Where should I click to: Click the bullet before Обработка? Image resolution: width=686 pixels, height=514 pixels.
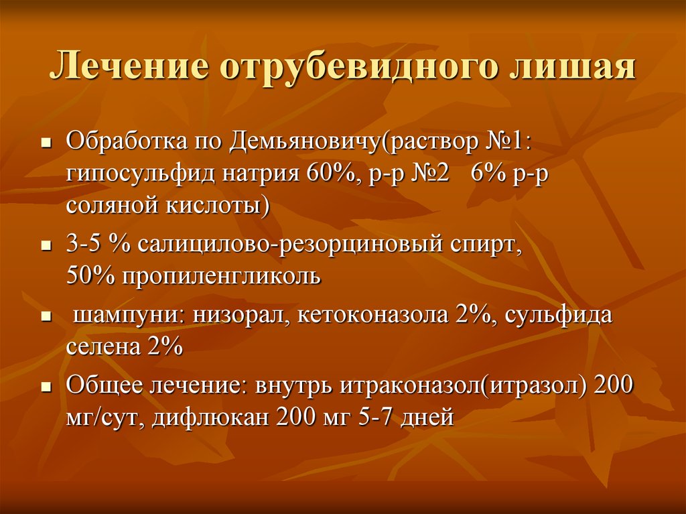[x=46, y=143]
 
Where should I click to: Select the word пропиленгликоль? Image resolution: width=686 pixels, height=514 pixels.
[x=221, y=277]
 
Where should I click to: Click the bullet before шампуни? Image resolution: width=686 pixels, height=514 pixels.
[x=46, y=316]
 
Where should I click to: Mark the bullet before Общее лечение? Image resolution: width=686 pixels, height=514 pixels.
[x=46, y=387]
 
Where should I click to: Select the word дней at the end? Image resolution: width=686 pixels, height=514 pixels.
[x=427, y=418]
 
